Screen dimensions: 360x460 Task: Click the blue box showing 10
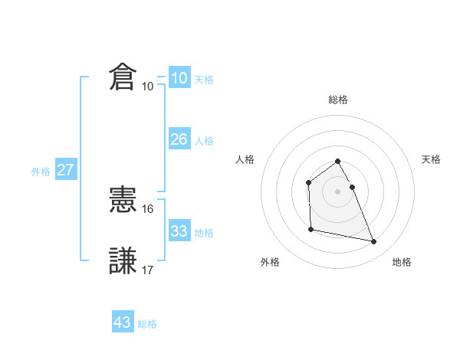tap(179, 78)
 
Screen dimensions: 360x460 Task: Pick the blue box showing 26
tap(179, 139)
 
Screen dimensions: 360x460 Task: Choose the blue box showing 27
tap(65, 170)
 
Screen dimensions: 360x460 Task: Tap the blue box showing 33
tap(179, 231)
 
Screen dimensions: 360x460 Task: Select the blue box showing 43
tap(123, 322)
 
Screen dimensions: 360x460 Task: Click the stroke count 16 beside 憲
tap(148, 209)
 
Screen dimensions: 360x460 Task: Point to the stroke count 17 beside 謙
tap(148, 270)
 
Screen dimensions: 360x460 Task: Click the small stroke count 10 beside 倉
tap(147, 87)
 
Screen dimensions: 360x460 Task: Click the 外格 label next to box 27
tap(41, 172)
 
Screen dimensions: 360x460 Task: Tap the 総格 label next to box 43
tap(147, 324)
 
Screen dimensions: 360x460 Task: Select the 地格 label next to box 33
tap(204, 233)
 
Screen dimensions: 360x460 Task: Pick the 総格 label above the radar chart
tap(338, 100)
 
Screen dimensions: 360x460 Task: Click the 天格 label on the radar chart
tap(431, 159)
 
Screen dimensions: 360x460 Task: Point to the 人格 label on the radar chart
tap(245, 159)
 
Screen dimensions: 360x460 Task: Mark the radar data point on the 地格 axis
tap(374, 242)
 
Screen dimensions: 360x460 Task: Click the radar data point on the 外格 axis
tap(310, 229)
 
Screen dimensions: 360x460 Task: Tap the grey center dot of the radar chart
tap(338, 191)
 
